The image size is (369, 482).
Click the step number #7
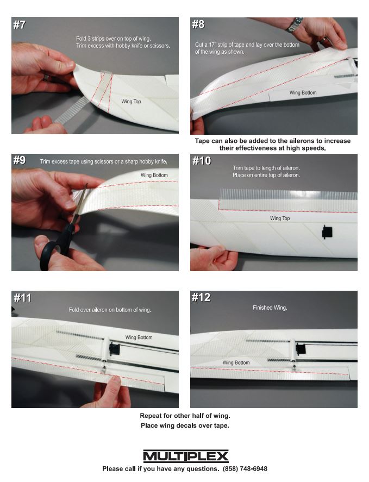20,25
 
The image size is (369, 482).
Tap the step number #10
202,161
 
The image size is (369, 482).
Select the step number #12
201,297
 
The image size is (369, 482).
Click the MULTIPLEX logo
186,456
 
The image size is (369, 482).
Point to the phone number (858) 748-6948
245,469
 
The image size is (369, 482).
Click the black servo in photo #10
327,232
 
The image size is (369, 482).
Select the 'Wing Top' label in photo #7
131,102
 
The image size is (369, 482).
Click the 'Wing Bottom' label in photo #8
303,92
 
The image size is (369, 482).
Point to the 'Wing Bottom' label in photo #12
236,363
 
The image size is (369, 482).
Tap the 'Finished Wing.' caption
270,308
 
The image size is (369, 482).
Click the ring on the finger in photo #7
46,78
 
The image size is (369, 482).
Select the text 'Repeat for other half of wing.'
185,416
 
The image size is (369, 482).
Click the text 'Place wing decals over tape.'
185,425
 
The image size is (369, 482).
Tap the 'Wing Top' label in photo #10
280,218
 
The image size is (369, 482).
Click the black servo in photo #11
114,349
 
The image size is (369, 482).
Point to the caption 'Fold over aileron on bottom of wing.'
110,310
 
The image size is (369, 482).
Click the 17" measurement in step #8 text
212,45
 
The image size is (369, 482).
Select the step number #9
20,160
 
